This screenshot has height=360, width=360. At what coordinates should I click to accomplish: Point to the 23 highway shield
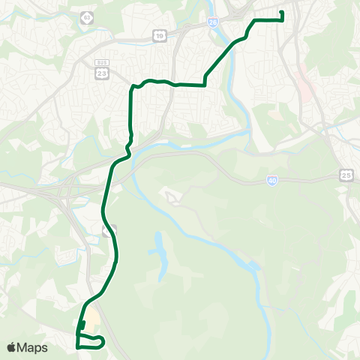pos(101,72)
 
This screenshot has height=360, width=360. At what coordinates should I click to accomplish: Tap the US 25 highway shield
pos(345,174)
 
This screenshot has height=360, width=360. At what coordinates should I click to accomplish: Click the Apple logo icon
pos(12,347)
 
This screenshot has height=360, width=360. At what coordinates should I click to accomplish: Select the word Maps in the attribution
pos(34,347)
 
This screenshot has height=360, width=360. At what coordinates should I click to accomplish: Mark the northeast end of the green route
pos(281,13)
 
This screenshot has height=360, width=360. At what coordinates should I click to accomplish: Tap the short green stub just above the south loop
pos(82,325)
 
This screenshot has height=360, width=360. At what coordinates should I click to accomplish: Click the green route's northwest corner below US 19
pos(133,87)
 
